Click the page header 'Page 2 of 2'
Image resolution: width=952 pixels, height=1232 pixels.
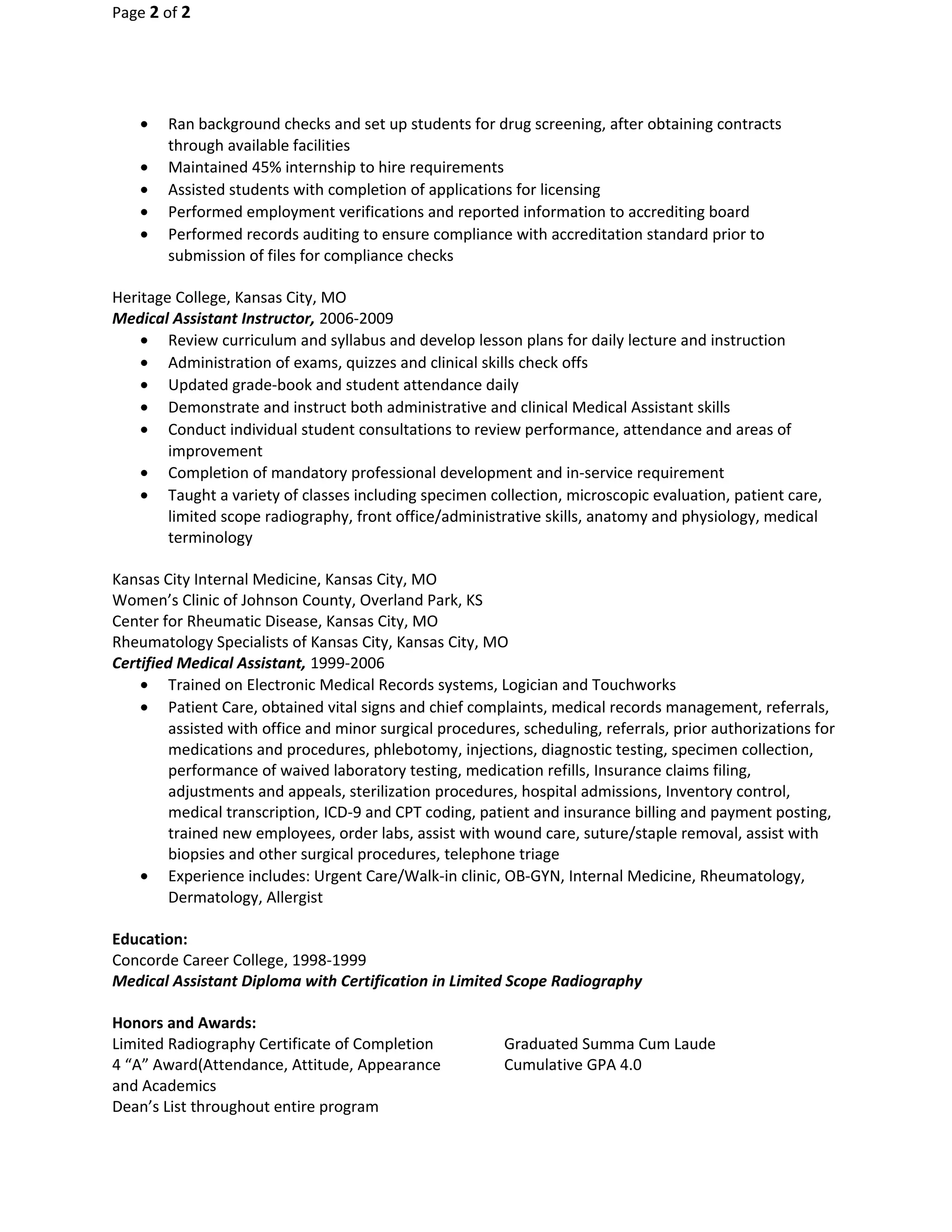(151, 13)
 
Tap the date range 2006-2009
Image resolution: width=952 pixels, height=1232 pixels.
(356, 319)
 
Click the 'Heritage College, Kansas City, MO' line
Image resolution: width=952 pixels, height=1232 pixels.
(229, 297)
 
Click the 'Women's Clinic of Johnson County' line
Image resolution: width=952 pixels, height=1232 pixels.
(297, 600)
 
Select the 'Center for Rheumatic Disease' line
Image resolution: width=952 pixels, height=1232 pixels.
(275, 621)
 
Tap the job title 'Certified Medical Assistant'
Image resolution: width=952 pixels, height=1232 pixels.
(209, 663)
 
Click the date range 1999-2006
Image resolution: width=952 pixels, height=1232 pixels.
(347, 663)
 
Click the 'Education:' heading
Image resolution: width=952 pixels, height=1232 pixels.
(150, 939)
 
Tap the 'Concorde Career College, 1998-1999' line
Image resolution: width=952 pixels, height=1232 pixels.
(239, 960)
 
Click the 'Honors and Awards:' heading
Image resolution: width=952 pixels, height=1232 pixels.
(184, 1023)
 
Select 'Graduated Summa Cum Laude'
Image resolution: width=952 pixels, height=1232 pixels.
(609, 1044)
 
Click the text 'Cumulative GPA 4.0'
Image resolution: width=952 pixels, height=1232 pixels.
(572, 1065)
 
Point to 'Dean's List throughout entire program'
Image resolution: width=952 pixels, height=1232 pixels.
(245, 1107)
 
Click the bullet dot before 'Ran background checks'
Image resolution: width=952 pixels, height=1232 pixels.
(145, 123)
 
